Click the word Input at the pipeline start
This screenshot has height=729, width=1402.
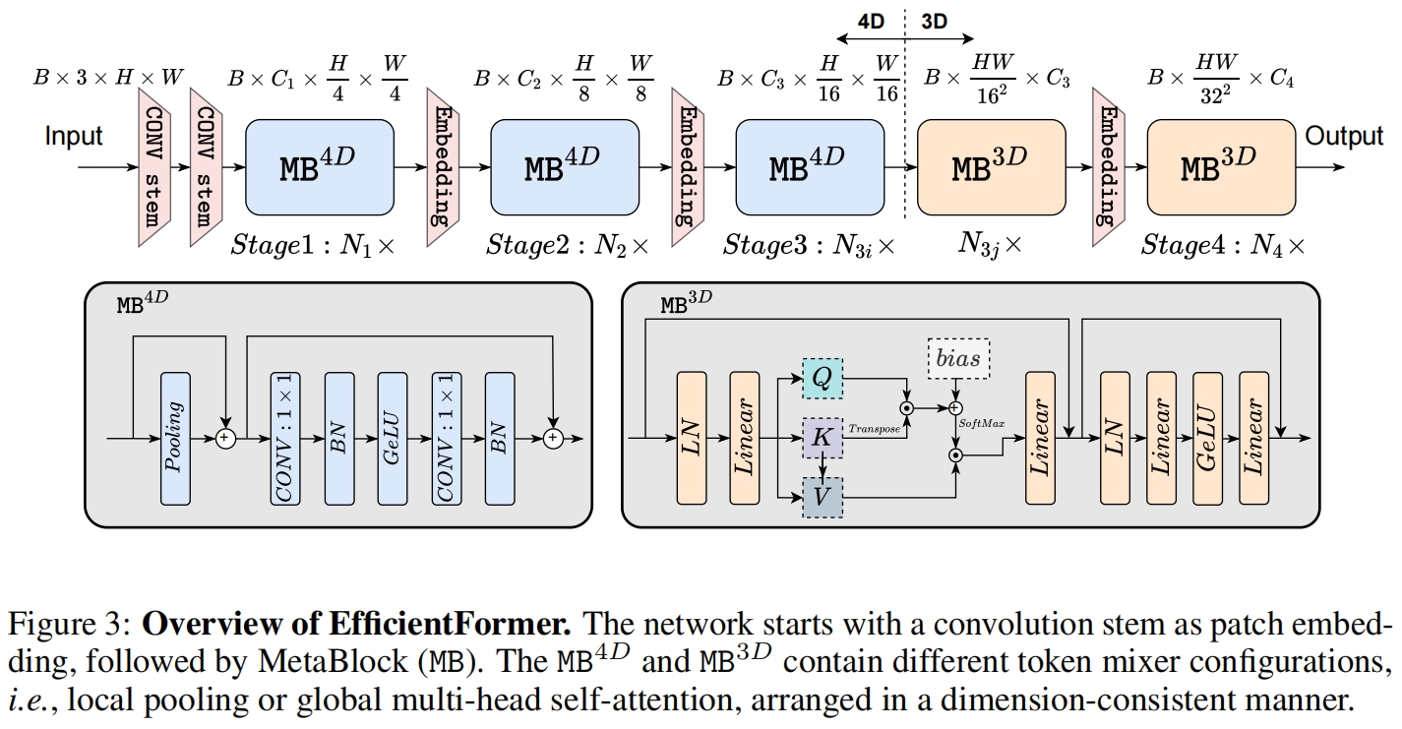74,136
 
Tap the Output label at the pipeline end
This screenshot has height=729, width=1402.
1344,136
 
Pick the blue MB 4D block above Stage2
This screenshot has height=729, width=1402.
562,167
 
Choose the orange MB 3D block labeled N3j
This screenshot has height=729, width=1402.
991,167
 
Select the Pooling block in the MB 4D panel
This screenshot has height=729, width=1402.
175,439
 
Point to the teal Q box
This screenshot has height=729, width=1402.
823,377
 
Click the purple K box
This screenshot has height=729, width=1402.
823,438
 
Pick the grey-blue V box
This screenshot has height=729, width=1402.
823,498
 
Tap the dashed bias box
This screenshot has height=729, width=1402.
958,358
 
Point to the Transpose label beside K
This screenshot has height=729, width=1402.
875,429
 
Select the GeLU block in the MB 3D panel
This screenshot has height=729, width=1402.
1207,437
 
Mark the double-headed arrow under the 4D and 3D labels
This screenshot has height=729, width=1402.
902,42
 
